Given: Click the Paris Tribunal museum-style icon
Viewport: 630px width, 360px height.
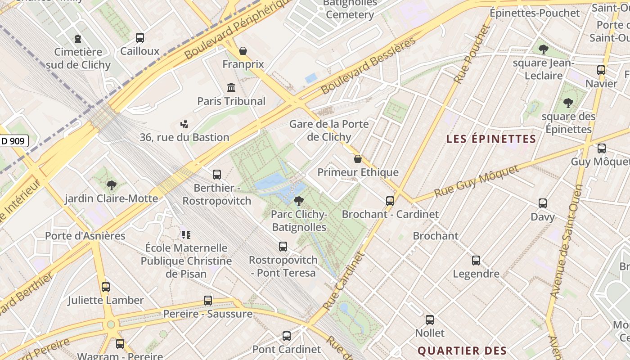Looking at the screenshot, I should tap(231, 87).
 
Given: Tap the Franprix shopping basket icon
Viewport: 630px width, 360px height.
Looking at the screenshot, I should tap(243, 51).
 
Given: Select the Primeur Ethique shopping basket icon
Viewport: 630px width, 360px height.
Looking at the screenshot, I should tap(358, 159).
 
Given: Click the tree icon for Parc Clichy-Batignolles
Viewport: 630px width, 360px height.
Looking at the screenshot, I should tap(298, 201).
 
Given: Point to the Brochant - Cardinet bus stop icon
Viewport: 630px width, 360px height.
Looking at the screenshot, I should tap(390, 201).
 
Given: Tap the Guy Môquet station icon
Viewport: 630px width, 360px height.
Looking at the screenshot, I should tap(602, 148).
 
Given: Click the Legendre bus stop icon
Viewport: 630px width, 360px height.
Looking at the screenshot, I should tap(476, 260).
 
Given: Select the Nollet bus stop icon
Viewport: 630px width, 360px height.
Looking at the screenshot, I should tap(430, 320).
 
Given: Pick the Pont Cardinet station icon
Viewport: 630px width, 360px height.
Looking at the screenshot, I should tap(287, 336).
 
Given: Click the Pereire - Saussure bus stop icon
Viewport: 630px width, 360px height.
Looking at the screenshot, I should tap(208, 300).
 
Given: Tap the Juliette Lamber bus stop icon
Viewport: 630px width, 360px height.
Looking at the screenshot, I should tap(106, 287).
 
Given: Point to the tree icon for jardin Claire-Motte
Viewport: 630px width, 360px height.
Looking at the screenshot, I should tap(111, 185).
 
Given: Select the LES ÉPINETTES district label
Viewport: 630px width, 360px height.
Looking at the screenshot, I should tap(491, 139).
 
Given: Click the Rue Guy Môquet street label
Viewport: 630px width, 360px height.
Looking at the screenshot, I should tap(476, 181).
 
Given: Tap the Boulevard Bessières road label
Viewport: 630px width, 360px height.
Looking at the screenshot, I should tap(369, 66).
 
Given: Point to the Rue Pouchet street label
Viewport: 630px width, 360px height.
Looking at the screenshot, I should tap(471, 54).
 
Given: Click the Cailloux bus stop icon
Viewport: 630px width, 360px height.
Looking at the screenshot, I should tap(140, 38).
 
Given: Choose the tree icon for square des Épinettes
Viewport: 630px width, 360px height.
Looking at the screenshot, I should tap(568, 103).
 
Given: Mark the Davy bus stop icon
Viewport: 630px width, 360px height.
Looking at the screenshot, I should tap(543, 203).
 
